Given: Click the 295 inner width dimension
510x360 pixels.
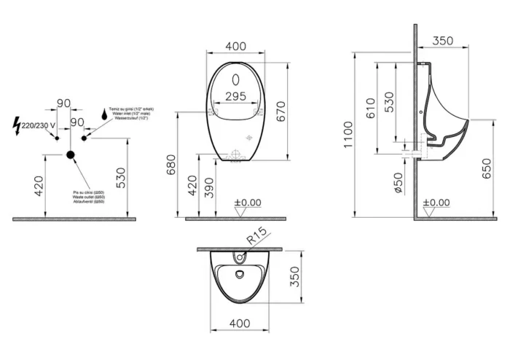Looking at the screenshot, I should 235,95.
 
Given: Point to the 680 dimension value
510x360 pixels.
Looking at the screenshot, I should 171,167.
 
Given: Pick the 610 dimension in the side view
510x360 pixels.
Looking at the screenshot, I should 370,108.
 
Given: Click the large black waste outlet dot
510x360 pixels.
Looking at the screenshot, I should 71,154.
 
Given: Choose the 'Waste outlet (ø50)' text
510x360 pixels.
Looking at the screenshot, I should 89,197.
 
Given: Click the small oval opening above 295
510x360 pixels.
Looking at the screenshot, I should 235,79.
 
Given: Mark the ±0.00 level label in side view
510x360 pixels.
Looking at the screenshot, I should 436,203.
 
